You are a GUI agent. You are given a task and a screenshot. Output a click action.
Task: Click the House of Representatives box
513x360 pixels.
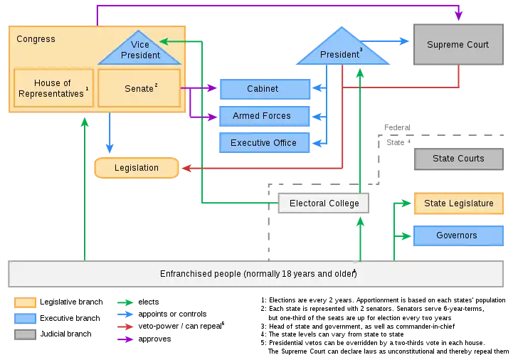point(53,88)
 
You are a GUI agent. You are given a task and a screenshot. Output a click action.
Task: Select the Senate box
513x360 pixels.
point(139,88)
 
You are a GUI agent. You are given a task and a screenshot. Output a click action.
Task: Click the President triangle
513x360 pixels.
point(342,51)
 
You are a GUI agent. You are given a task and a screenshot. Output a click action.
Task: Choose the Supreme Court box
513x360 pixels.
point(458,45)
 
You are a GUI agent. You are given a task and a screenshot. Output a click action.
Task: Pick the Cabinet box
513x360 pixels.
point(263,89)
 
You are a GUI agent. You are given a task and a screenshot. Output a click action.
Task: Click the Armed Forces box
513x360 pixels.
point(263,116)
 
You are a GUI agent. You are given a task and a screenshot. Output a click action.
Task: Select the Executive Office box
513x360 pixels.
point(263,143)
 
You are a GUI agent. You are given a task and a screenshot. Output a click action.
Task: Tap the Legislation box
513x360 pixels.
point(136,168)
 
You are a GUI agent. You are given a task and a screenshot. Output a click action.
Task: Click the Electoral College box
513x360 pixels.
point(324,203)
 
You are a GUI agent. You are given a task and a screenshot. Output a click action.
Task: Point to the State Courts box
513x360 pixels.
point(458,159)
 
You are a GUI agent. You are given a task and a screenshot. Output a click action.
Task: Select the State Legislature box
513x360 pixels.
point(458,203)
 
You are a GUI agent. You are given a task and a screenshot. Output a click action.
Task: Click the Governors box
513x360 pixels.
point(456,235)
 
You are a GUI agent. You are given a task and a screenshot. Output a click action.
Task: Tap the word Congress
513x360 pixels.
point(36,39)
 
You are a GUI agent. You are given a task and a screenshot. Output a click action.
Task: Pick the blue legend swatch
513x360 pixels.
point(25,319)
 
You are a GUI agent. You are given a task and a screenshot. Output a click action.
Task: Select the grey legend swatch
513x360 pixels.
point(25,334)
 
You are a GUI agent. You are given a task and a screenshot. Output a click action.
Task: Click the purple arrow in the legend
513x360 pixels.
point(125,339)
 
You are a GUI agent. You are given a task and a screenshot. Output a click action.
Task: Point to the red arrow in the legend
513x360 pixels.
point(125,327)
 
